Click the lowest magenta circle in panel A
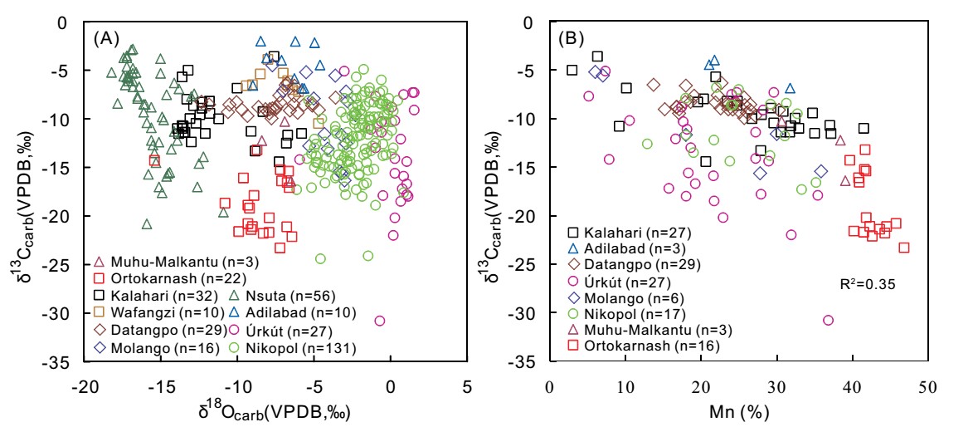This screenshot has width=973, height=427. pyautogui.click(x=380, y=321)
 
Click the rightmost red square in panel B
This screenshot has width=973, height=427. pyautogui.click(x=904, y=248)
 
